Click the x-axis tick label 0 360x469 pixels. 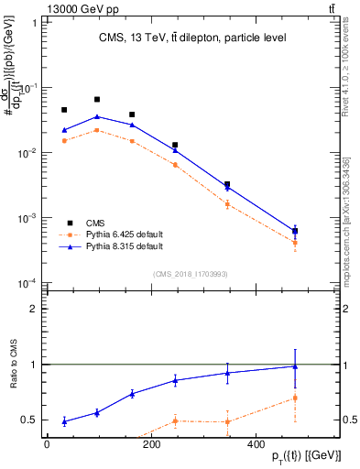pyautogui.click(x=47, y=443)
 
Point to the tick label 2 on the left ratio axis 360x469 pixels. pyautogui.click(x=34, y=310)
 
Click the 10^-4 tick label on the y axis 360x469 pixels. pyautogui.click(x=26, y=283)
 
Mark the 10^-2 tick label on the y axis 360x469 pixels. pyautogui.click(x=26, y=153)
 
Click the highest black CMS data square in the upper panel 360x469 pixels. pyautogui.click(x=97, y=99)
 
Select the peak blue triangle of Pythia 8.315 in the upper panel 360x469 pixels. pyautogui.click(x=97, y=116)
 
